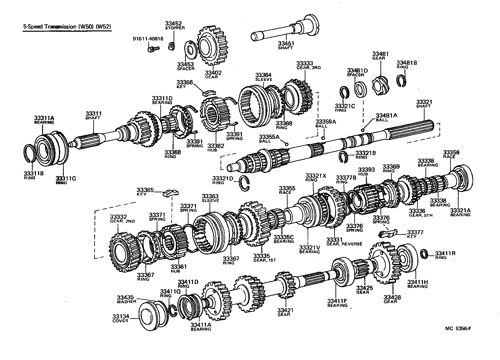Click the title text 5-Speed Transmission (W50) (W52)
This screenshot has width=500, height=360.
[67, 27]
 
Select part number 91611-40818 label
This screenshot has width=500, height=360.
[148, 39]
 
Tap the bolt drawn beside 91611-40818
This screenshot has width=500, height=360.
[153, 49]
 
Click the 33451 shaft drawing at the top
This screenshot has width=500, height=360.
[285, 29]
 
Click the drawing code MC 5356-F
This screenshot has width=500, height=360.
[458, 329]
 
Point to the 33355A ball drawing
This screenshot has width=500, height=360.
[286, 143]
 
